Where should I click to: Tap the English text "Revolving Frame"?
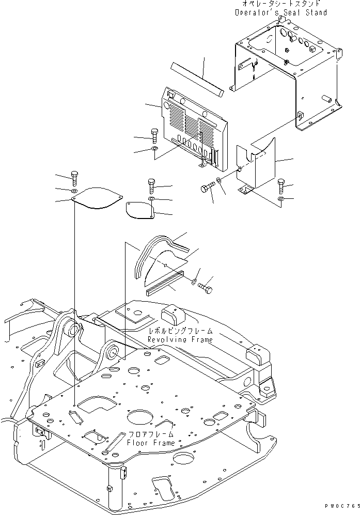pyautogui.click(x=180, y=340)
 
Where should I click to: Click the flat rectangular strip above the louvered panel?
pyautogui.click(x=197, y=81)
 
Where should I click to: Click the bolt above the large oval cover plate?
pyautogui.click(x=73, y=178)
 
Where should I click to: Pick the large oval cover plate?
pyautogui.click(x=96, y=197)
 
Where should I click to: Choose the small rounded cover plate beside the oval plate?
pyautogui.click(x=140, y=209)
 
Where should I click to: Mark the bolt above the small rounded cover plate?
pyautogui.click(x=150, y=185)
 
